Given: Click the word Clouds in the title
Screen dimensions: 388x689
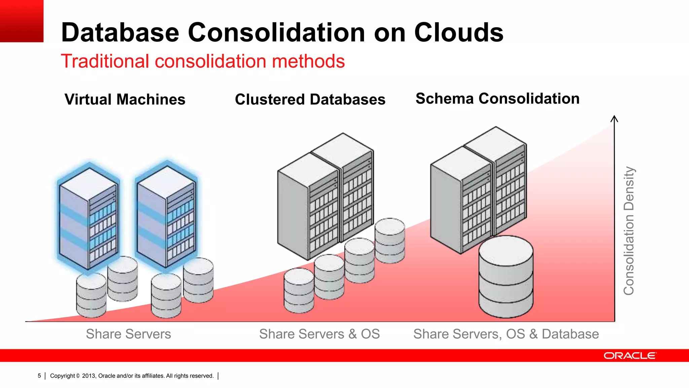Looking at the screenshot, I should click(x=459, y=33).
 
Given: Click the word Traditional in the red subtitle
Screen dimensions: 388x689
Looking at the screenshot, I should click(x=105, y=61).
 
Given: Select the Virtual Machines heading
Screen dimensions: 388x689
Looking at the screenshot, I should click(x=125, y=99).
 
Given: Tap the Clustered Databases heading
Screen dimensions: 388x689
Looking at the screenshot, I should click(x=310, y=99).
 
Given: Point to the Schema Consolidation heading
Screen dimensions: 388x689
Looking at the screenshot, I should click(x=497, y=98).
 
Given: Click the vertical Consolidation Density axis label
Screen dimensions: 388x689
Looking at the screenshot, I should click(x=628, y=231).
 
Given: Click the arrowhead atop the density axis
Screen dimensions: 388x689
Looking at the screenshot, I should click(x=614, y=118).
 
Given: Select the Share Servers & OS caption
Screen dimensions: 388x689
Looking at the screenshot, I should click(x=319, y=334).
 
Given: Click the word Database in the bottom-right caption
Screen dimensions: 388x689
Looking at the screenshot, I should click(x=570, y=334).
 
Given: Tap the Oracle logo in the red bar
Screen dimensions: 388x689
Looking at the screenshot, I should click(x=629, y=356).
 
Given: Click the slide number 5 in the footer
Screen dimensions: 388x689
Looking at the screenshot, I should click(x=39, y=376).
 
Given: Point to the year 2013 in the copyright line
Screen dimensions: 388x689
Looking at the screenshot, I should click(x=89, y=376).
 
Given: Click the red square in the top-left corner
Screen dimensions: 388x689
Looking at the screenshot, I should click(x=22, y=21).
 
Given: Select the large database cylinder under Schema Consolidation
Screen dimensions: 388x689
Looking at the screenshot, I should click(x=506, y=277).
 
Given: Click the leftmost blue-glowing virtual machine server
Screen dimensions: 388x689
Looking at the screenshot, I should click(x=88, y=217).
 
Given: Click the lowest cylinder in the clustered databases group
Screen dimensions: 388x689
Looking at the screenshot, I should click(x=299, y=290).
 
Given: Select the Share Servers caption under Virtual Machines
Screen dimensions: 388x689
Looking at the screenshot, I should click(x=128, y=334).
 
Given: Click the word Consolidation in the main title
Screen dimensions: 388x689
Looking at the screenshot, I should click(x=276, y=33).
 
